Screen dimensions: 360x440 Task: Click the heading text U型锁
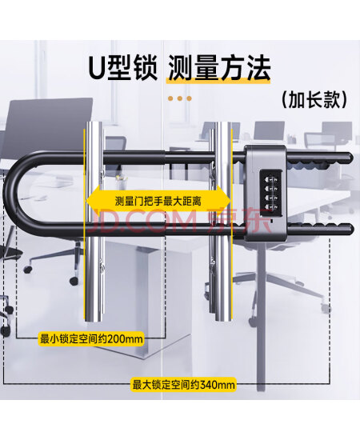point(122,68)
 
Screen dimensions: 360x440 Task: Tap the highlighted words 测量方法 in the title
point(219,68)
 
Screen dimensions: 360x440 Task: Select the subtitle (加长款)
point(314,100)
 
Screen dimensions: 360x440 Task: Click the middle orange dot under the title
point(179,98)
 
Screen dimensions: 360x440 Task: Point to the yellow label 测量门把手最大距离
point(158,201)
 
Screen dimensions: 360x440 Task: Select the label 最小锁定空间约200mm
point(91,339)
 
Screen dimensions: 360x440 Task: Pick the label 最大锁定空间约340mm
point(184,385)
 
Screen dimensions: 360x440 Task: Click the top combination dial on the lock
point(270,178)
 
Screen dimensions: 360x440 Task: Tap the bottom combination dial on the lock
point(270,207)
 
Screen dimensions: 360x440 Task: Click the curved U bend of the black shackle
point(11,194)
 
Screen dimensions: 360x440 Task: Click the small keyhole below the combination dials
point(271,221)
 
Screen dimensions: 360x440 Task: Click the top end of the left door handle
point(93,123)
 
